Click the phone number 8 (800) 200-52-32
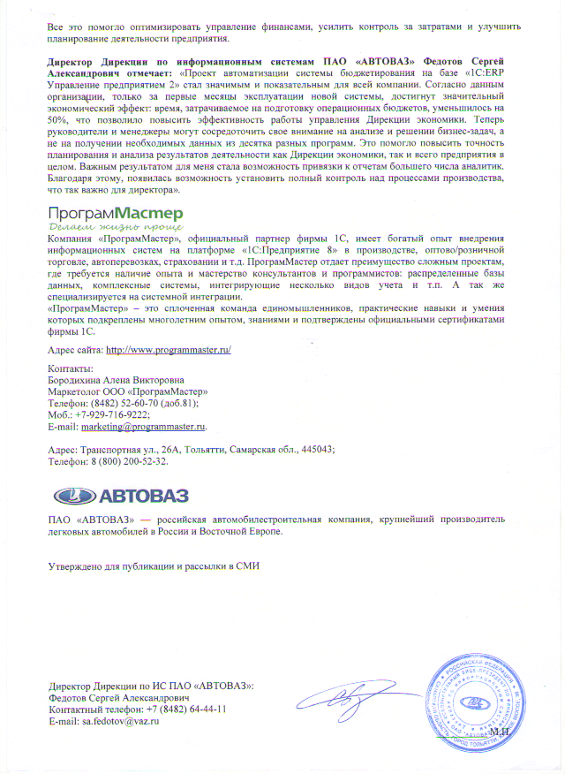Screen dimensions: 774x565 pyautogui.click(x=123, y=461)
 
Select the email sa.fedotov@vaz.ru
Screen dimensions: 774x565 pyautogui.click(x=120, y=722)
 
